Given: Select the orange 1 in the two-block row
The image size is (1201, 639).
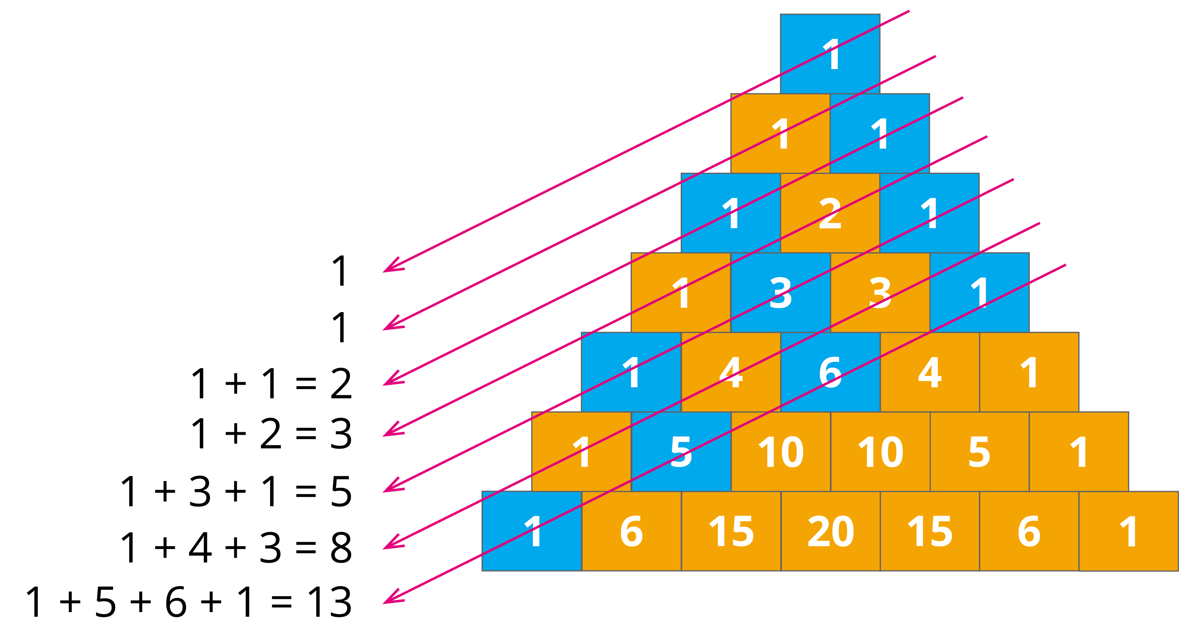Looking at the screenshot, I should pos(780,134).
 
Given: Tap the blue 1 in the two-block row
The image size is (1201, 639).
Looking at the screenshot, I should pos(880,134).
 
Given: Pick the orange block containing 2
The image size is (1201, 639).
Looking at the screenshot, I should pos(830,213).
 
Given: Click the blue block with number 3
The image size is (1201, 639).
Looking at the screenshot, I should pos(780,293).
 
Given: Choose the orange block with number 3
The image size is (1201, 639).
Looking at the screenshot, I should pos(880,293).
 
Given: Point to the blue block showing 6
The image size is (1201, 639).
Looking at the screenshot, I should pos(830,372).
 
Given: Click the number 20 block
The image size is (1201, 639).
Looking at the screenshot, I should pos(830,531).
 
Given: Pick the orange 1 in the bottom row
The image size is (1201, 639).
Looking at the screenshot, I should pos(1128,531).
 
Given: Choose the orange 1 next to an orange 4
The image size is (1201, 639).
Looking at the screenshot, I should pos(1029,372).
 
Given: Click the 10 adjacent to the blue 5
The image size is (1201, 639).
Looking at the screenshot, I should pos(780,452).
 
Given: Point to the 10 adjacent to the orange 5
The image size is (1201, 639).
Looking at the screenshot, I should pos(880,452).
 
